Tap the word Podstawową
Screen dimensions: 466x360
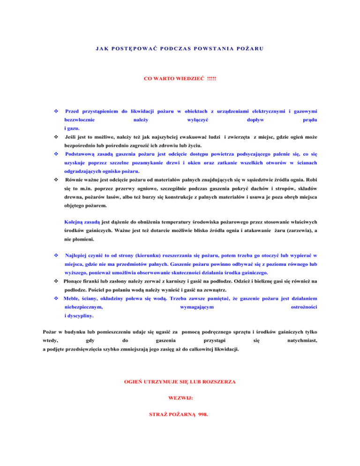83,153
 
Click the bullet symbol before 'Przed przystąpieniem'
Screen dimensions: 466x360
56,112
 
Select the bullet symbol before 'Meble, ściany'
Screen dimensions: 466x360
56,297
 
